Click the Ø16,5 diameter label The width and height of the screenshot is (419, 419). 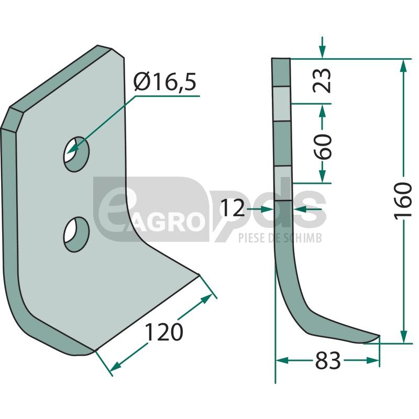(165, 82)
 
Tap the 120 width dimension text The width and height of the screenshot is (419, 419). (164, 332)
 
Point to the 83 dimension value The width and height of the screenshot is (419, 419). (328, 360)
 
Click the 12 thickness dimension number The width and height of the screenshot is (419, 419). (233, 208)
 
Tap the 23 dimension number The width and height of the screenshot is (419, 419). (322, 81)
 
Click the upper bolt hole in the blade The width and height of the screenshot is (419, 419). (76, 154)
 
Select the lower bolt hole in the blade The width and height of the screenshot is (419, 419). (76, 234)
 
